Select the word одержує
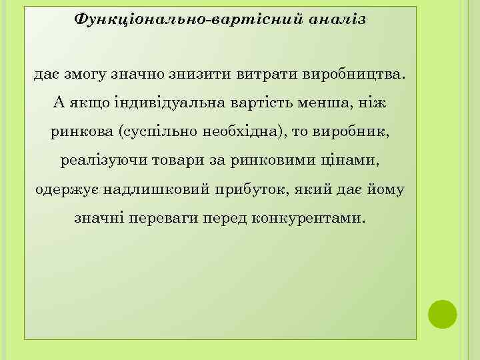pyautogui.click(x=63, y=189)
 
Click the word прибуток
pyautogui.click(x=251, y=189)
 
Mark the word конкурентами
pyautogui.click(x=309, y=218)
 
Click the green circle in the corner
pyautogui.click(x=441, y=314)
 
